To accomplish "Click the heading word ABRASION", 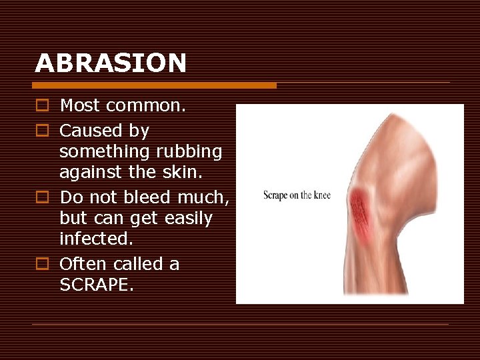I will [x=111, y=63].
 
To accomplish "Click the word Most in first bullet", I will [x=79, y=105].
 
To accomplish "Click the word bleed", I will [x=150, y=197].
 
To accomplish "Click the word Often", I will [x=83, y=264].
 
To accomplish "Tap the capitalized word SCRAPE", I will [x=95, y=285].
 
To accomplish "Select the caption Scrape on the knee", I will [x=297, y=195].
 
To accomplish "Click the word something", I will [x=107, y=152].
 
